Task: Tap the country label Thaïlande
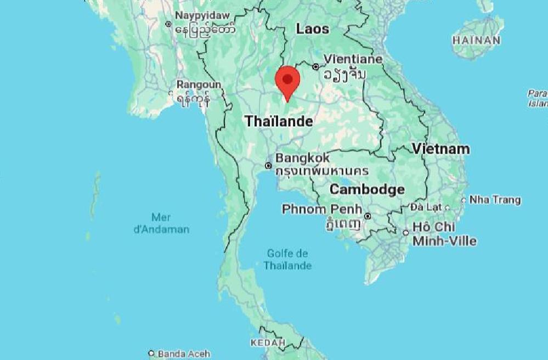(x=279, y=121)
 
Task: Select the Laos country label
(x=312, y=29)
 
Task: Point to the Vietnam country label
(x=440, y=149)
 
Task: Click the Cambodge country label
(x=367, y=190)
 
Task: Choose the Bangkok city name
(x=303, y=158)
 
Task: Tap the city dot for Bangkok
(x=268, y=165)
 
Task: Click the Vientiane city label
(x=353, y=59)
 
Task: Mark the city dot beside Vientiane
(x=315, y=66)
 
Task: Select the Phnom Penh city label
(x=322, y=209)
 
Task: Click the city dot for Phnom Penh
(x=368, y=216)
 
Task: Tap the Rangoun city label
(x=199, y=85)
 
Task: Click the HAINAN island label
(x=476, y=40)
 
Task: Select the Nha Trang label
(x=495, y=200)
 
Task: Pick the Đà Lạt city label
(x=426, y=207)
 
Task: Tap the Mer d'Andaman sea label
(x=161, y=223)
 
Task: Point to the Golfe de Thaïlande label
(x=287, y=260)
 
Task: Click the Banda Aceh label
(x=184, y=354)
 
